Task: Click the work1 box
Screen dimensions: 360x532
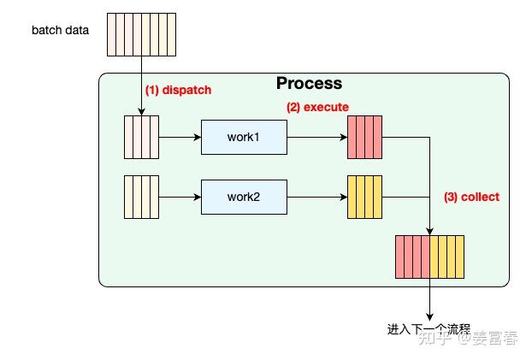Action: [244, 137]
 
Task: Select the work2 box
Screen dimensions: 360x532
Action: [244, 197]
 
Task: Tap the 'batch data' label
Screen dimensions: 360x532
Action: [61, 32]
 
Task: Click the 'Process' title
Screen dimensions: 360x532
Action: [309, 84]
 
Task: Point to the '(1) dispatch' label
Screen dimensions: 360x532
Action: [178, 90]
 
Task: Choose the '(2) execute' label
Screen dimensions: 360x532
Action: [317, 107]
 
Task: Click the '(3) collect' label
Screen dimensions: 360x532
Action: [471, 197]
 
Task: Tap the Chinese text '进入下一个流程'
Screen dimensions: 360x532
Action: [429, 328]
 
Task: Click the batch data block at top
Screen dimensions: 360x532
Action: [142, 34]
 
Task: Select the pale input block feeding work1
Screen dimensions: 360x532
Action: [142, 137]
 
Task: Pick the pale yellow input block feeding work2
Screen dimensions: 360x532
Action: [142, 197]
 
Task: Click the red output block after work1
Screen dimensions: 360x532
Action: [364, 137]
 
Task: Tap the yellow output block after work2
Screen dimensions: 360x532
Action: [364, 197]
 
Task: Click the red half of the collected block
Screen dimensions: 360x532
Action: [412, 257]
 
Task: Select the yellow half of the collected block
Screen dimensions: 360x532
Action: [446, 257]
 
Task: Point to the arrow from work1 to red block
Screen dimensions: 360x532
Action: [316, 137]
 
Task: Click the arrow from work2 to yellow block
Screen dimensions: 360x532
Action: [316, 197]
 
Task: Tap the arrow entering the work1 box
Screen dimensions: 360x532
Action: [180, 137]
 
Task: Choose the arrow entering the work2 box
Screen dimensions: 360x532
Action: [180, 197]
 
